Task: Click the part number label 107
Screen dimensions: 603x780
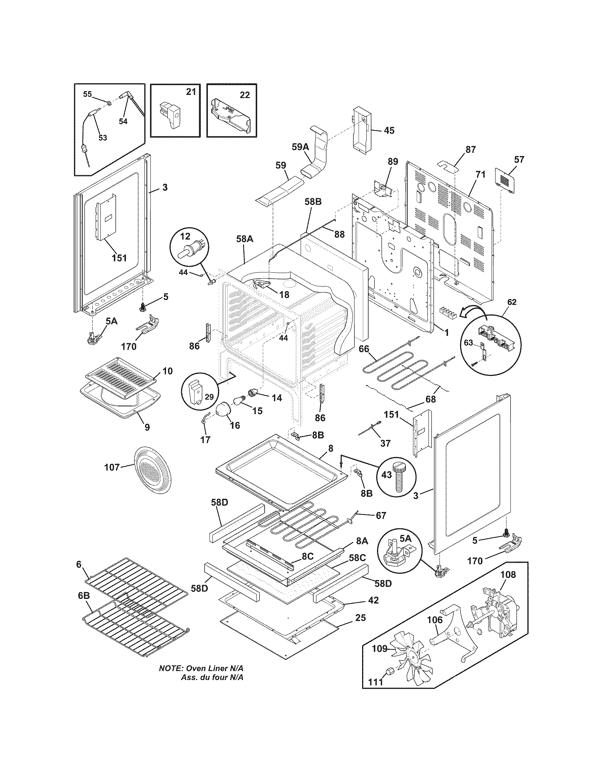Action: tap(112, 467)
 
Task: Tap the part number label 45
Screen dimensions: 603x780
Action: tap(389, 130)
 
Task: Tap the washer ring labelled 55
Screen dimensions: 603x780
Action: tap(108, 104)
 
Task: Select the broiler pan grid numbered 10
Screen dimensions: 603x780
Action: tap(122, 376)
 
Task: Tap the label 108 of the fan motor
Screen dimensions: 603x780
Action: tap(508, 574)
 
